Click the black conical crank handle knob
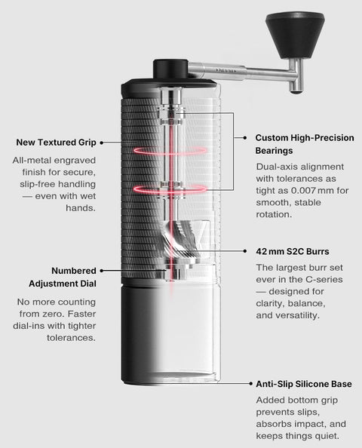tap(295, 35)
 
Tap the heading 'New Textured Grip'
tap(56, 143)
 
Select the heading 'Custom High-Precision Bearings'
tap(305, 144)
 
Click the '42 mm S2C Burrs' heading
tap(293, 251)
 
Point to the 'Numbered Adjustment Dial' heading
tap(63, 277)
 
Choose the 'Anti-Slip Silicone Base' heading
tap(304, 384)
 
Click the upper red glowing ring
tap(170, 151)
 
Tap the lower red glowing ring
tap(170, 189)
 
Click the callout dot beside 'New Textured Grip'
tap(101, 143)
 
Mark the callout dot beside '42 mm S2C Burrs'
tap(245, 251)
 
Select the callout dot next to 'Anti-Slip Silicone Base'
tap(251, 383)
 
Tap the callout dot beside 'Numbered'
tap(101, 271)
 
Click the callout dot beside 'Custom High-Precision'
tap(245, 138)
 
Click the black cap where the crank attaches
tap(170, 69)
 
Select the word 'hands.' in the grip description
tap(81, 207)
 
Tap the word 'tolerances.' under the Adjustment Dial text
tap(71, 338)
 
